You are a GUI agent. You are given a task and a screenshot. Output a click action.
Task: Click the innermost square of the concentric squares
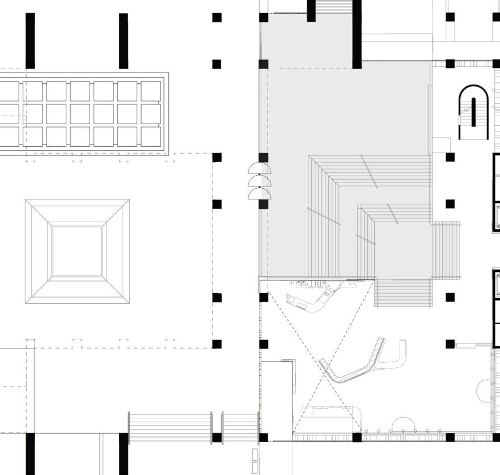77,252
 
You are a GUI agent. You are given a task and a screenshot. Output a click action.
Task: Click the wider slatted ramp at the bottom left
170,427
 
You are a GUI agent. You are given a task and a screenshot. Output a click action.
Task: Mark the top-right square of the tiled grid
151,91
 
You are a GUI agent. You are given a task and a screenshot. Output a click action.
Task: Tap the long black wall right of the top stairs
357,34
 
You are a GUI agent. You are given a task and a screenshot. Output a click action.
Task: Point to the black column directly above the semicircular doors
264,157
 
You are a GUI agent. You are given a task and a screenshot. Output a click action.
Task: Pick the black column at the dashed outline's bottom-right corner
217,344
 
